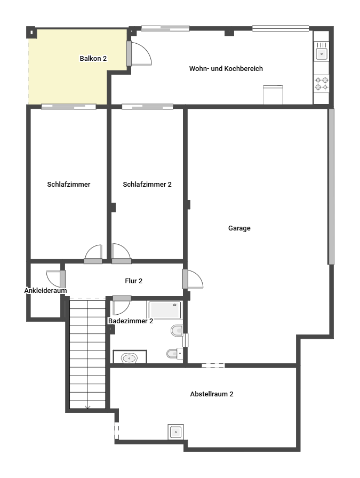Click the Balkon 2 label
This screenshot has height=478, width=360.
93,58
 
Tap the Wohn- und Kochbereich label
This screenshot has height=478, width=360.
226,69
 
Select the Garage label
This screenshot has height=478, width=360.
239,228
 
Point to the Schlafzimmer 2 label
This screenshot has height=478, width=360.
147,185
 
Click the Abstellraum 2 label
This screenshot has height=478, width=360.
212,394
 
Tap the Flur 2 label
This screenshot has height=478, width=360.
133,281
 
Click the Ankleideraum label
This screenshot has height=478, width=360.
45,291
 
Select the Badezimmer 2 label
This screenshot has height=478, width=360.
131,321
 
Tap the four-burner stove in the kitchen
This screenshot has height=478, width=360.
321,84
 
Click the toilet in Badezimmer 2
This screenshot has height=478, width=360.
177,331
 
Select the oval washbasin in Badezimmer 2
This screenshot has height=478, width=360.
129,358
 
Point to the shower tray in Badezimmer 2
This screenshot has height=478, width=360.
165,310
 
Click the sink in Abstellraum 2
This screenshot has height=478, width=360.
175,432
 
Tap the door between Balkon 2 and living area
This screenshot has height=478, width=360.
139,53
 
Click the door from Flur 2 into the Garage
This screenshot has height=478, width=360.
193,279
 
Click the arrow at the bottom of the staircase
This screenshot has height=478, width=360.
88,407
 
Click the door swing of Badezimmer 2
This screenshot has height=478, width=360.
122,306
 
